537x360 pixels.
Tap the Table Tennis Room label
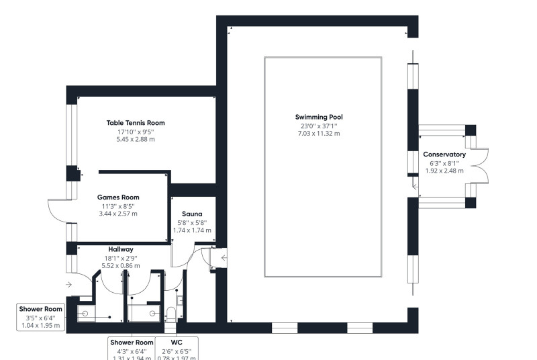(135, 123)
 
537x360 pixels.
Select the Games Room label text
(117, 197)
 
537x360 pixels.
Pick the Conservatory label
(444, 154)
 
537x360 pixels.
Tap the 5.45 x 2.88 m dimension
(135, 140)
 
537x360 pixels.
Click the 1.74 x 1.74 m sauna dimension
(192, 230)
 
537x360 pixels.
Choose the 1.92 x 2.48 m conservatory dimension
(444, 171)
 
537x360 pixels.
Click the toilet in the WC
(172, 313)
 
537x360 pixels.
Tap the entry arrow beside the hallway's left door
(69, 285)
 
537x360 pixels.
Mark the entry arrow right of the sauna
(223, 257)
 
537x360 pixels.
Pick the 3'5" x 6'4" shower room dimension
(40, 318)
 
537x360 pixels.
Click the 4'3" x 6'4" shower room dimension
(132, 351)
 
